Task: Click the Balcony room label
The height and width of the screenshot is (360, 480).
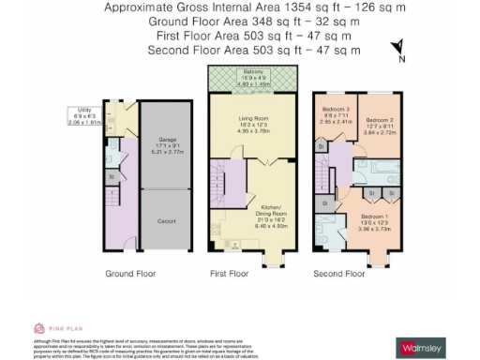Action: click(252, 70)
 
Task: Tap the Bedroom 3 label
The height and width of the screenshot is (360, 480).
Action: click(335, 110)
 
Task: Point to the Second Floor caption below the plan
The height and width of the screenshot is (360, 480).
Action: click(339, 275)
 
